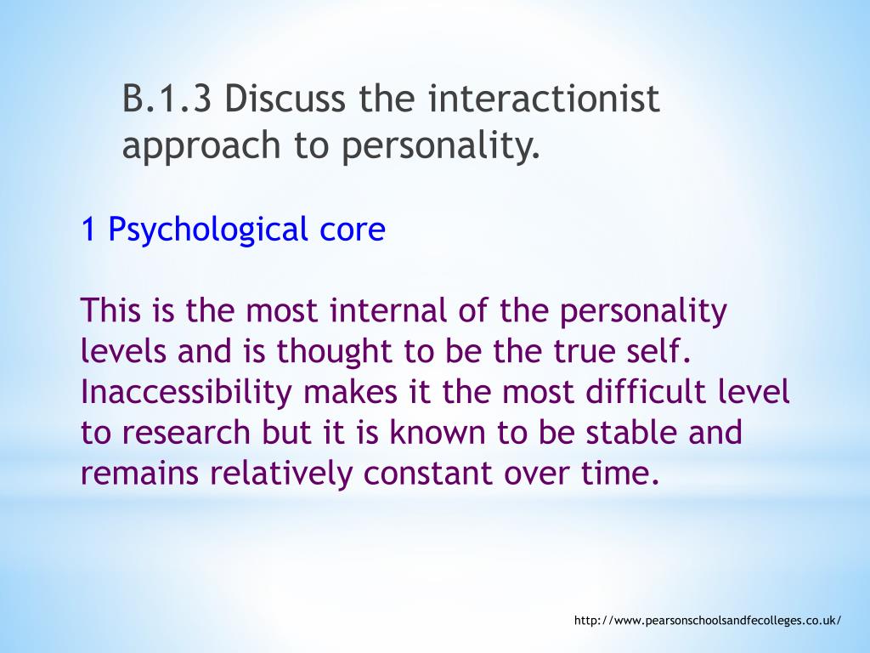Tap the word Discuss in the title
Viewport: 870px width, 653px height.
coord(285,101)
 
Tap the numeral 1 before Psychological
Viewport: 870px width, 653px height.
coord(88,230)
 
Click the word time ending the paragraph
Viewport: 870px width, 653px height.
coord(626,474)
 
